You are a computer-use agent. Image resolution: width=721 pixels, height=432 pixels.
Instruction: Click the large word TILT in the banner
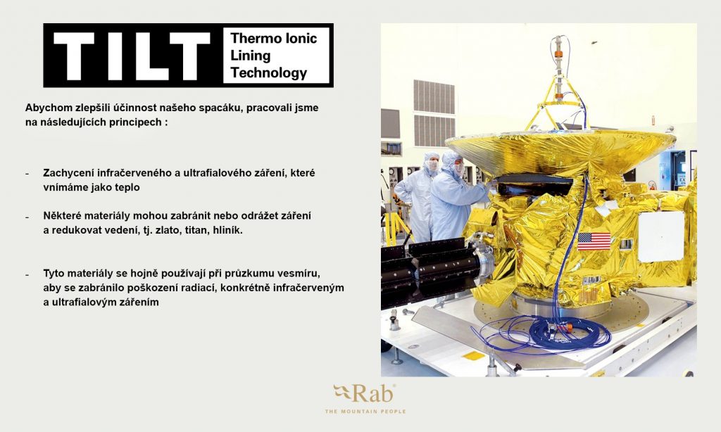[132, 56]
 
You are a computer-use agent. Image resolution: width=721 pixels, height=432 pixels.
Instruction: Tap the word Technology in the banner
[268, 72]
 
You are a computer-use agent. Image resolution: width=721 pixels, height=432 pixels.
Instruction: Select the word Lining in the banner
[250, 56]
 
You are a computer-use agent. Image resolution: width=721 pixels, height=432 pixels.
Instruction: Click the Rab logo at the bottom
[364, 393]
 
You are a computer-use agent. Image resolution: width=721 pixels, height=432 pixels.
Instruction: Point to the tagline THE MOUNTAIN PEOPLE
[365, 412]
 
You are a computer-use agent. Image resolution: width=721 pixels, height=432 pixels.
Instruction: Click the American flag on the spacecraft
[594, 241]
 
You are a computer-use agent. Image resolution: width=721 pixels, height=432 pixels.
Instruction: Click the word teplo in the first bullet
[127, 188]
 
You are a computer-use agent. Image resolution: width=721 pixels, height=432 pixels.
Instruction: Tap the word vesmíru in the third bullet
[301, 274]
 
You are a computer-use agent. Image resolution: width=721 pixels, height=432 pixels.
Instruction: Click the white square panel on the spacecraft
[660, 236]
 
